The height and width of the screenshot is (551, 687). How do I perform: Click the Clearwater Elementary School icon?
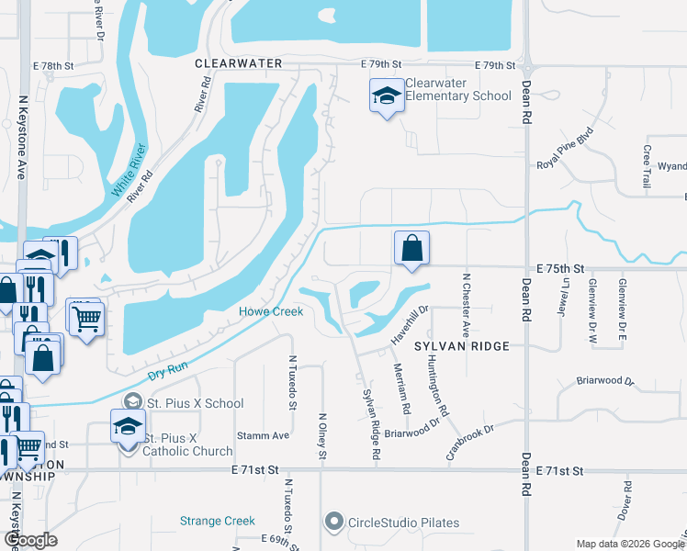tap(387, 95)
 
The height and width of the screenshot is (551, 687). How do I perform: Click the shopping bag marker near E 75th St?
tap(411, 248)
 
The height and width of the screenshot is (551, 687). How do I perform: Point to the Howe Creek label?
tap(271, 312)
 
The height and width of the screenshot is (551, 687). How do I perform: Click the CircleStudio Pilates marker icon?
tap(334, 523)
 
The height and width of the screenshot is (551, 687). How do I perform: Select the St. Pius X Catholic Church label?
tap(188, 444)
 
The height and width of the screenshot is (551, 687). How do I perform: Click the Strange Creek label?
tap(217, 521)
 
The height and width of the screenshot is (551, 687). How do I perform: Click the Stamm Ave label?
tap(263, 435)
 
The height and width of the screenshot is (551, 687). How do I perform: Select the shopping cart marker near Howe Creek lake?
tap(87, 319)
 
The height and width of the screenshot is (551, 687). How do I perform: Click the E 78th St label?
tap(52, 66)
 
